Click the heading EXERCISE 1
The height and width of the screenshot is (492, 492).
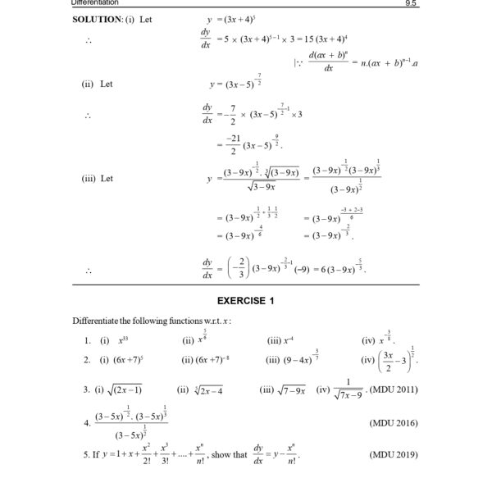[246, 301]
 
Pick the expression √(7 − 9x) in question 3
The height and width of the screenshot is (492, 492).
[286, 390]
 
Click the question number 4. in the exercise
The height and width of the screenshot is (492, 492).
[87, 423]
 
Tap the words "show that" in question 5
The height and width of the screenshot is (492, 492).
[229, 453]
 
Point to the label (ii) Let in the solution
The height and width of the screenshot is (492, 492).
[97, 83]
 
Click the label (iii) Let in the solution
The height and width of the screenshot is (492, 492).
[98, 178]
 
